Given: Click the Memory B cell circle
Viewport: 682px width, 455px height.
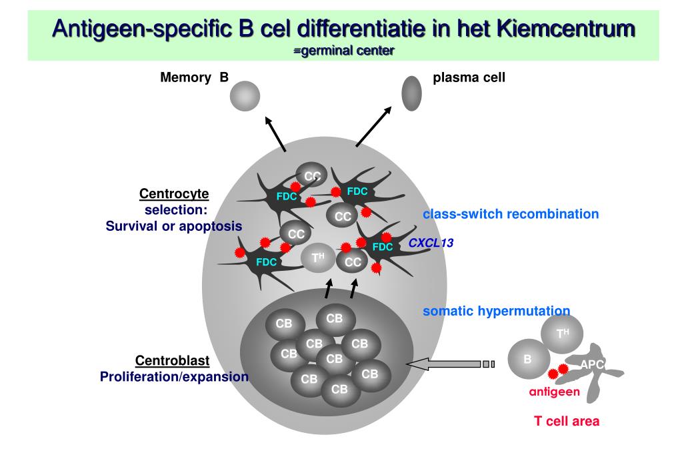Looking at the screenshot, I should (245, 97).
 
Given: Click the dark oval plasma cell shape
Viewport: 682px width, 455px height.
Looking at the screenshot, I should (412, 93).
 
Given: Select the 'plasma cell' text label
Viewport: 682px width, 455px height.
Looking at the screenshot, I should (469, 78).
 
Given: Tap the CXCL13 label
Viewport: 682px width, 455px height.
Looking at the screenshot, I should (431, 244).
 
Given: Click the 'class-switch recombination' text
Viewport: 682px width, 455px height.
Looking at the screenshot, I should (510, 215).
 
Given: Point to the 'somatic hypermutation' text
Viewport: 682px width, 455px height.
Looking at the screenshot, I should (496, 310).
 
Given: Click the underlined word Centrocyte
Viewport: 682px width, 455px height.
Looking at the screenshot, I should (173, 194).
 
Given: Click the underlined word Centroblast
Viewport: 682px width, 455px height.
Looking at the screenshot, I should (172, 361).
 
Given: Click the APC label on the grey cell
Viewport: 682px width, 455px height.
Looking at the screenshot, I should (592, 364).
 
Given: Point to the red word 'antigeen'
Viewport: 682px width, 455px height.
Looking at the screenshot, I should (554, 392).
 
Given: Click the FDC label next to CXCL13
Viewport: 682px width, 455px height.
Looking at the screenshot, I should (383, 247).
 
